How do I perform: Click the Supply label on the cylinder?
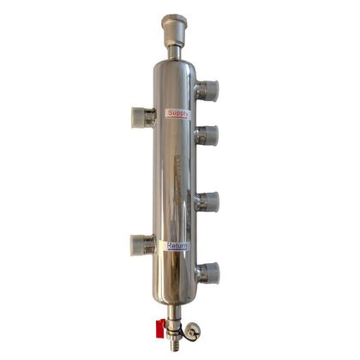click(177, 113)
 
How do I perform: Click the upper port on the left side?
click(142, 117)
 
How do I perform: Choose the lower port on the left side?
click(142, 245)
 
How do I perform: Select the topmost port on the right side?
click(207, 90)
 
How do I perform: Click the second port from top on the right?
click(207, 135)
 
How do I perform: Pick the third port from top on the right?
click(207, 202)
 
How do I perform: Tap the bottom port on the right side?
click(207, 273)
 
